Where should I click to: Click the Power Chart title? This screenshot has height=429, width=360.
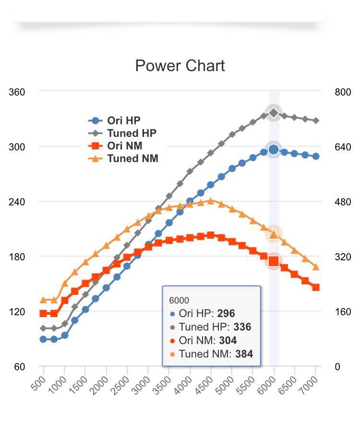[x=180, y=66]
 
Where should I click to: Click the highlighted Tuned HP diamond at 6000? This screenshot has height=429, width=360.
[x=274, y=113]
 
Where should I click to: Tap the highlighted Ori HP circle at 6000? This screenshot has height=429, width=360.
[x=274, y=150]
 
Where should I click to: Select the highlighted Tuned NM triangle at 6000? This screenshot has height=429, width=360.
[x=274, y=234]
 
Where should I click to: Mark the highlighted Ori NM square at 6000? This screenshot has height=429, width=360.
[x=274, y=261]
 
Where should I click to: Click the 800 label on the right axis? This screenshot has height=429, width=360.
[x=343, y=92]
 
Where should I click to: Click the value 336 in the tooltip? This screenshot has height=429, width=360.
[x=242, y=327]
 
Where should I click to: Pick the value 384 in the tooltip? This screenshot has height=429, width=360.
[x=244, y=355]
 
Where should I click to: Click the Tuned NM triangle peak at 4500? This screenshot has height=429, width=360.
[x=211, y=201]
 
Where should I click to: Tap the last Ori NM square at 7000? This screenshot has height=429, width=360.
[x=316, y=287]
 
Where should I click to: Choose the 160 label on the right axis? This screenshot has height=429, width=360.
[x=343, y=312]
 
